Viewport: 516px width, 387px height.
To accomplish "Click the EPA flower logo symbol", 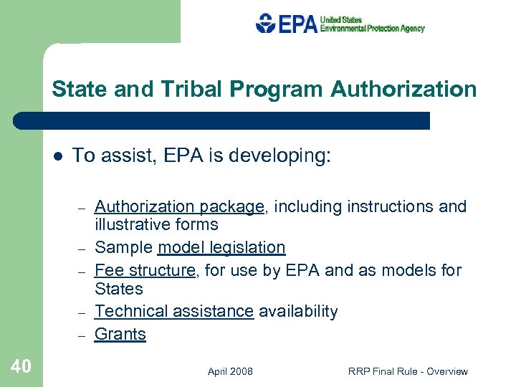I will click(x=265, y=24).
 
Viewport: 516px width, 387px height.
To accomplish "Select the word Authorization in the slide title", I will click(x=403, y=90).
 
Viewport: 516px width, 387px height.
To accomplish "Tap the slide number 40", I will click(x=21, y=366).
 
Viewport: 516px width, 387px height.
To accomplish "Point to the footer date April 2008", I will click(x=230, y=371).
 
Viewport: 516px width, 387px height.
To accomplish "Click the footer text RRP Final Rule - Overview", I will click(x=408, y=371).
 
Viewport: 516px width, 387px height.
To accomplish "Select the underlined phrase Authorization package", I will click(x=179, y=207).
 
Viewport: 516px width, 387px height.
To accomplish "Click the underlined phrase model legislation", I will click(x=221, y=248).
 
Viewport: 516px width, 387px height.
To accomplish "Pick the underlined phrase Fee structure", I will click(x=145, y=270).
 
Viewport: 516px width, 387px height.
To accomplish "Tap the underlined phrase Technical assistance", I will click(x=174, y=311).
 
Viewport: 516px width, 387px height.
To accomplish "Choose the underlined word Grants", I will click(x=120, y=334).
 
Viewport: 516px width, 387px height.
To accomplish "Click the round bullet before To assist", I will click(x=57, y=156).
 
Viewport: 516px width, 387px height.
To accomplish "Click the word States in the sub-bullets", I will click(x=119, y=289).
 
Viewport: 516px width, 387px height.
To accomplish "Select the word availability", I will click(x=298, y=311).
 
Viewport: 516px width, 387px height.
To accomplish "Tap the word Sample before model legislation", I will click(x=124, y=248).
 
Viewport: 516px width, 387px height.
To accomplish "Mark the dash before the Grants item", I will click(x=82, y=335).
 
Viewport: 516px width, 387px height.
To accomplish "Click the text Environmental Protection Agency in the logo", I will click(x=372, y=29).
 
